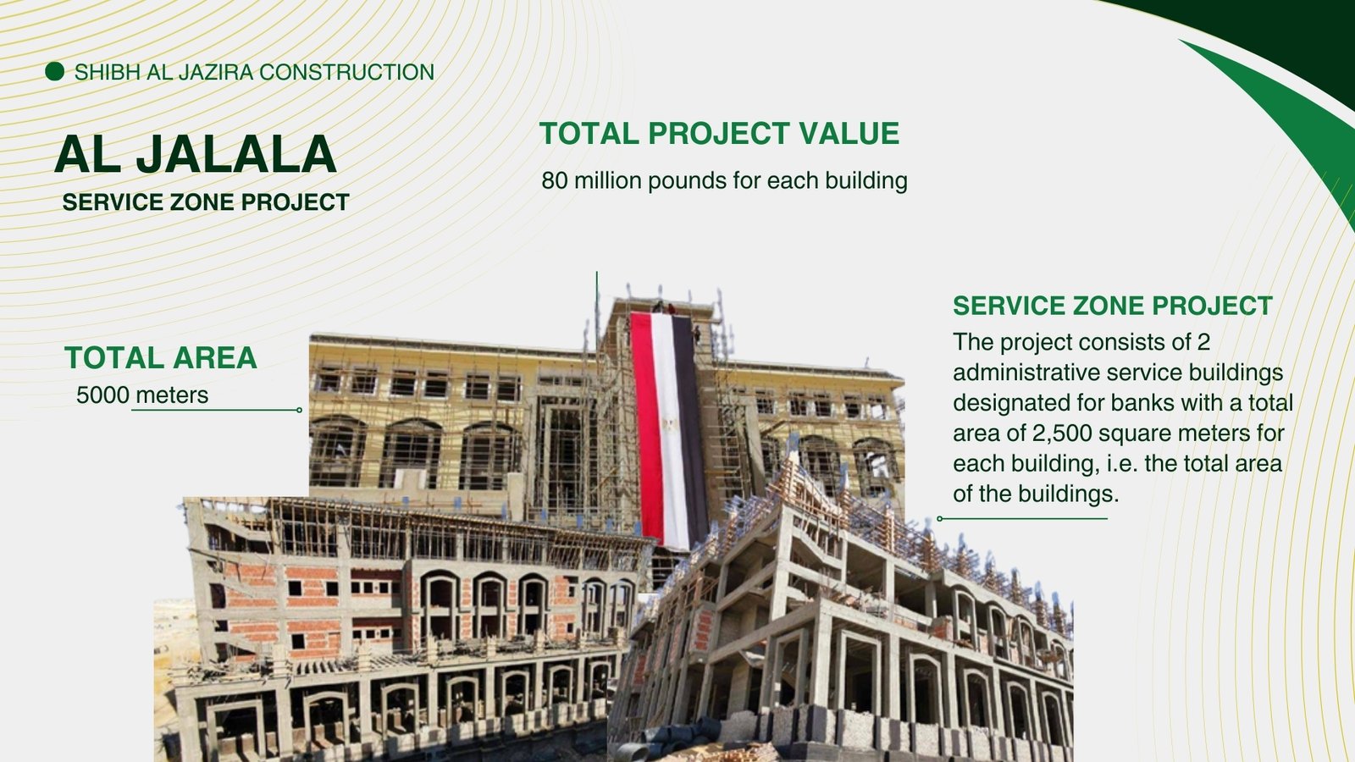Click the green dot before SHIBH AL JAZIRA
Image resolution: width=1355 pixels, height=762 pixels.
click(54, 71)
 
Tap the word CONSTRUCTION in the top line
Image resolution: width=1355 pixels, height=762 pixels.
click(346, 72)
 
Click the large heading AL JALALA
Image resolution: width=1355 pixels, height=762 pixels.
click(196, 154)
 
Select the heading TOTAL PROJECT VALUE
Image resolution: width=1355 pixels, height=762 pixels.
click(719, 133)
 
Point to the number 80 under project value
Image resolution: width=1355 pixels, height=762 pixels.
click(554, 180)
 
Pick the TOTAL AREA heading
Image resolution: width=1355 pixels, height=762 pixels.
click(161, 357)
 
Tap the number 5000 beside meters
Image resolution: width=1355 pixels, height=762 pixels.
click(102, 395)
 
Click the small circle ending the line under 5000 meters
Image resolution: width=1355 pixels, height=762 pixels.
click(300, 410)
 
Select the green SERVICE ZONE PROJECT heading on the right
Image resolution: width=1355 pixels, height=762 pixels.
click(1113, 306)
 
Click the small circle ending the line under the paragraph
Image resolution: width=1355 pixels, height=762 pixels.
click(939, 518)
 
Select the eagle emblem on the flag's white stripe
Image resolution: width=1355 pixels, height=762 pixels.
click(669, 427)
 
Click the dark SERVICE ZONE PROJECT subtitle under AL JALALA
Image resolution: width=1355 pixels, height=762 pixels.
click(206, 202)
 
